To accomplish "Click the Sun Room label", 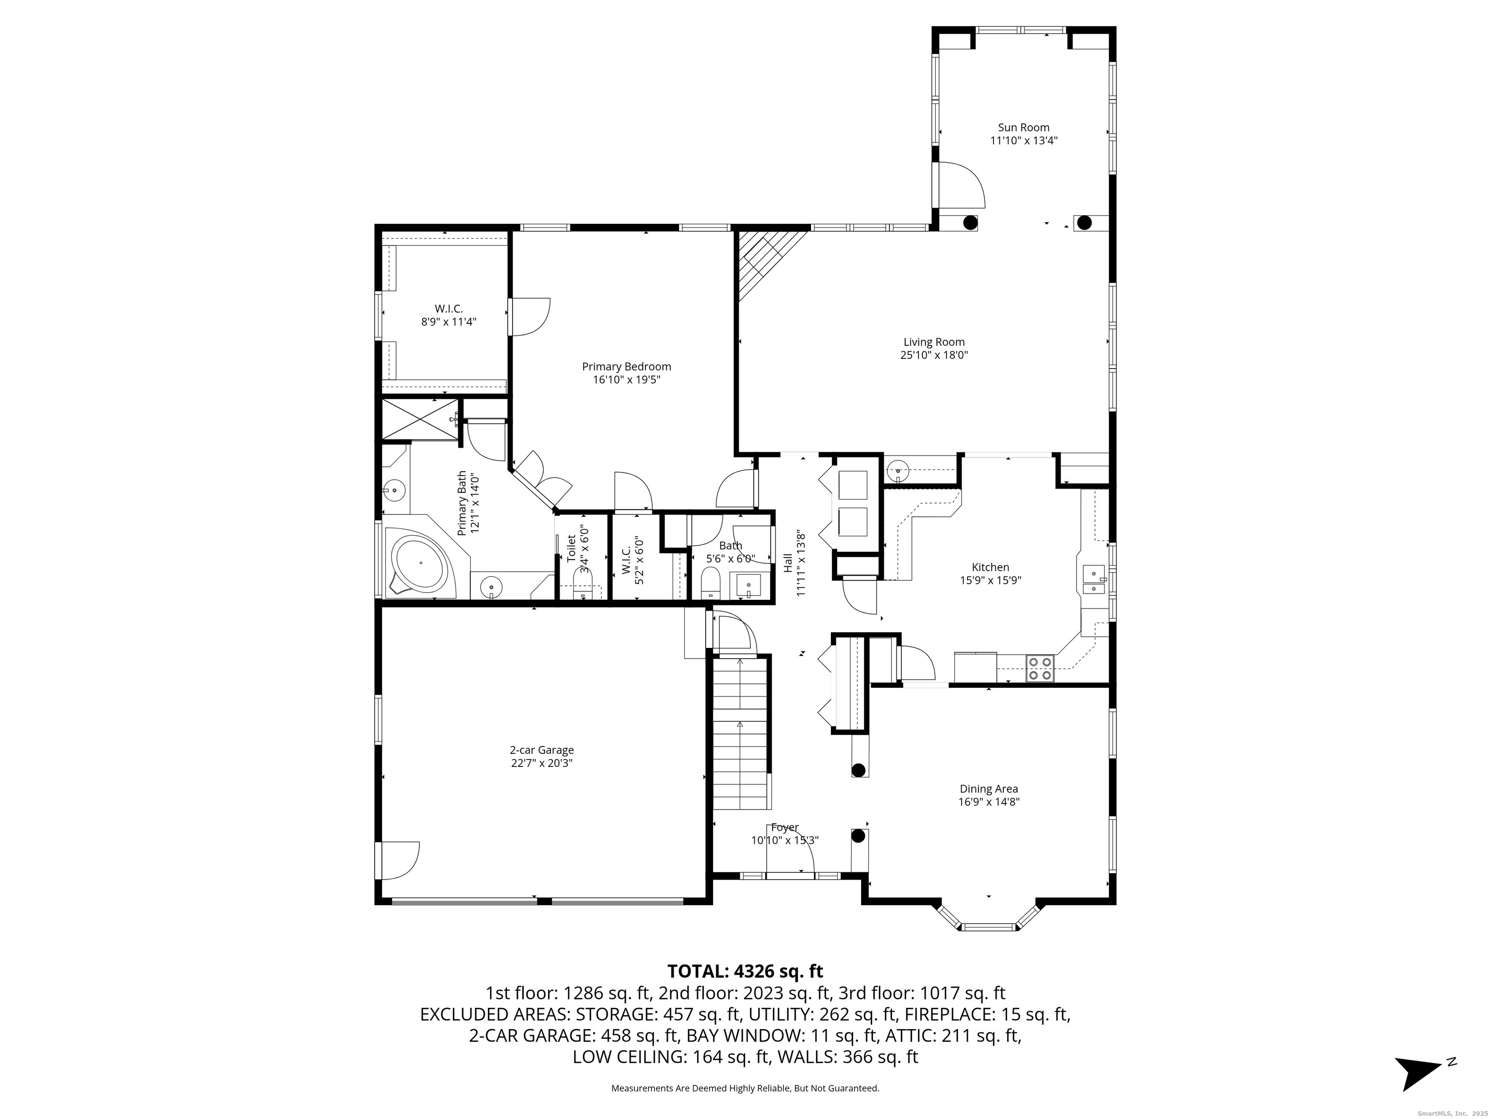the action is point(1023,127).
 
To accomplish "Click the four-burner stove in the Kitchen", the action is point(1040,668).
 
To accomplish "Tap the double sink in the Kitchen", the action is point(1093,580).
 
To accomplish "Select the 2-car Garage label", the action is point(541,750).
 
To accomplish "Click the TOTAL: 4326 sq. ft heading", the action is point(745,971).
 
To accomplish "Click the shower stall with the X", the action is point(420,420).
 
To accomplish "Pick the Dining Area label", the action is point(988,788).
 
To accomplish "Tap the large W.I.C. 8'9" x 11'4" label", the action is point(448,315).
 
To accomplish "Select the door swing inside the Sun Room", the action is point(962,185).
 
